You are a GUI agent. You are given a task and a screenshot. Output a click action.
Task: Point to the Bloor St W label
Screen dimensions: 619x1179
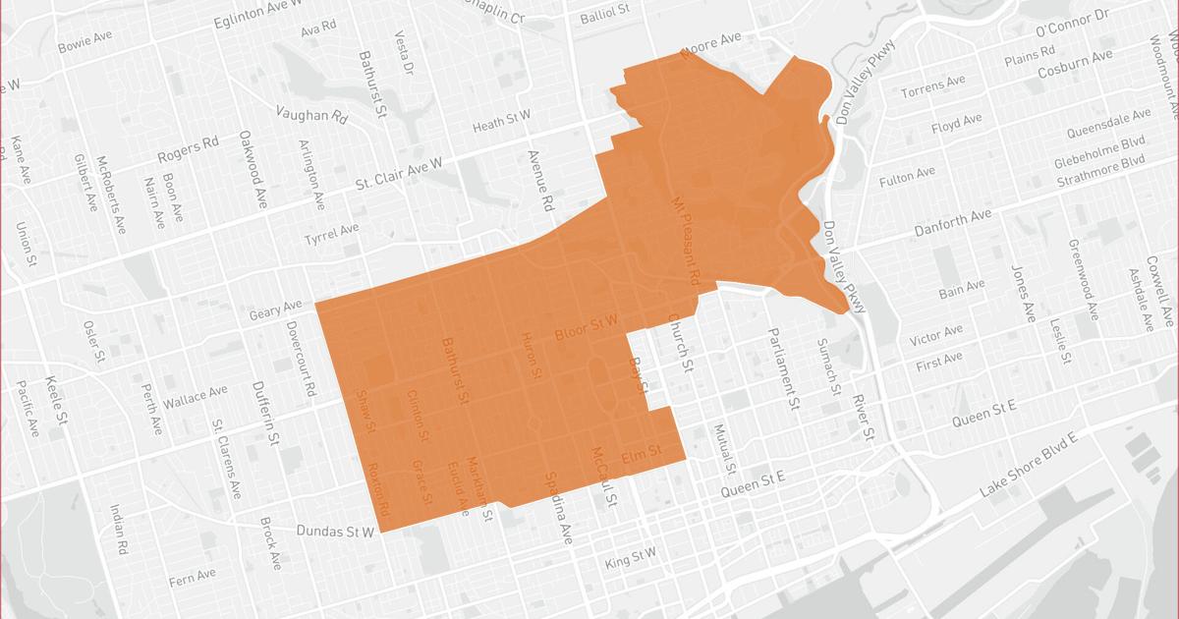click(586, 327)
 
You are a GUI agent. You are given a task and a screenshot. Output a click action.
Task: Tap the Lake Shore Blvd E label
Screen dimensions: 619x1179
click(1029, 465)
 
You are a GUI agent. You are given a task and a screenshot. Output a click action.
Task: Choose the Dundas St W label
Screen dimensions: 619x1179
click(337, 531)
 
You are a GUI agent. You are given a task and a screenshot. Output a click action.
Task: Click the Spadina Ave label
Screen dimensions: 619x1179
click(556, 509)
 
